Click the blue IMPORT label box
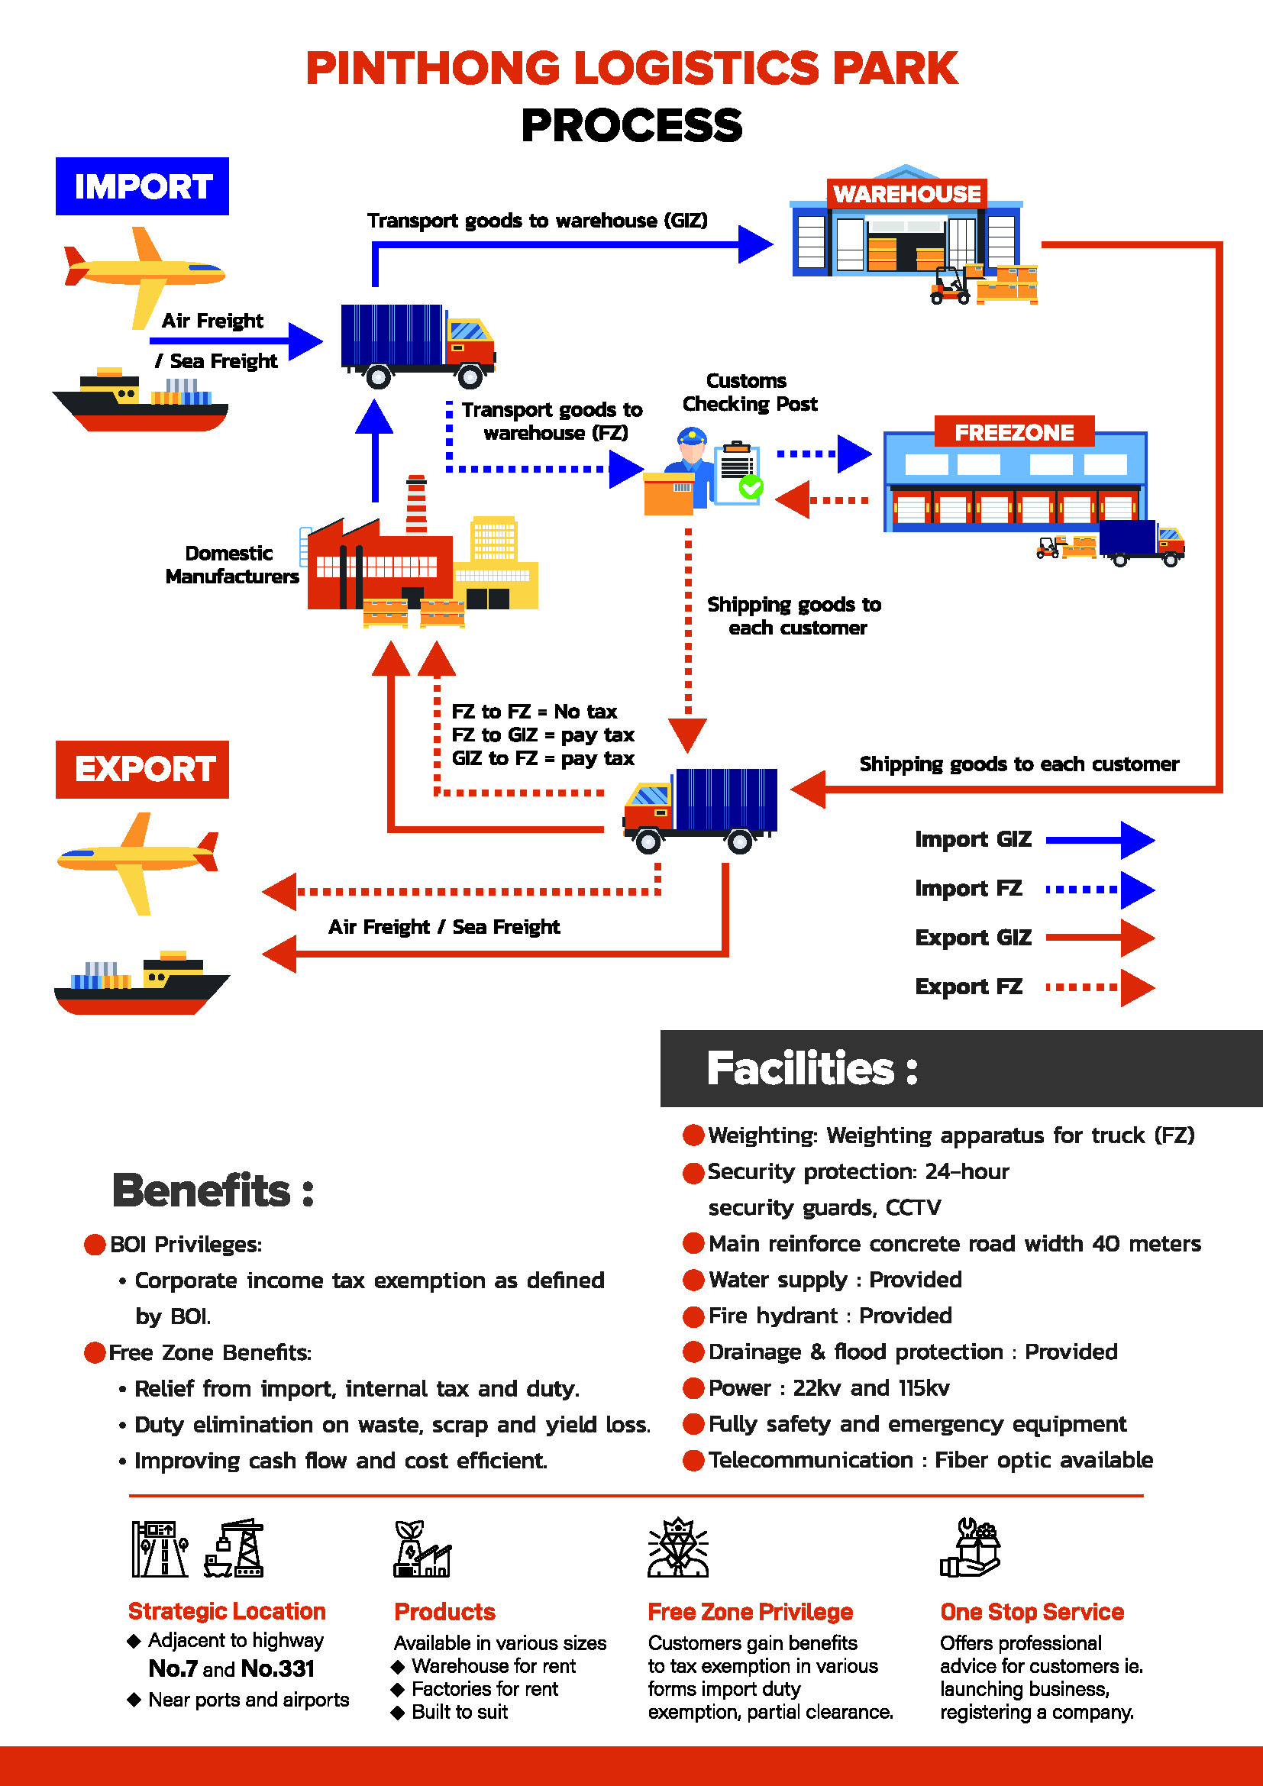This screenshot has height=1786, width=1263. coord(142,186)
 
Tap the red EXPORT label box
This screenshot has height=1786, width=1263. coord(142,770)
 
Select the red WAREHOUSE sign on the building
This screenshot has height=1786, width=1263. coord(907,193)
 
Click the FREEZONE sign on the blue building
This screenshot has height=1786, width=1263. coord(1014,431)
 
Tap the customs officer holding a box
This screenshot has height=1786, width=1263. coord(680,470)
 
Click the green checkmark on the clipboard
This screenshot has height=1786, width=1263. coord(751,487)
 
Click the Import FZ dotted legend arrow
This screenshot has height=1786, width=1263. coord(1100,889)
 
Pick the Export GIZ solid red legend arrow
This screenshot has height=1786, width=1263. coord(1100,938)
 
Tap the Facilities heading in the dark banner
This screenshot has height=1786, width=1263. coord(812,1068)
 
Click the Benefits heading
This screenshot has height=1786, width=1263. coord(213,1190)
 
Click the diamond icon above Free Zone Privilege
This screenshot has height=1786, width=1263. coord(678,1547)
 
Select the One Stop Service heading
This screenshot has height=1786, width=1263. coord(1032,1612)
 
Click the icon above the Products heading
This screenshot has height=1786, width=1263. coord(422,1549)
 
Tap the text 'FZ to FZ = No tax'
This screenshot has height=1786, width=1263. coord(535,712)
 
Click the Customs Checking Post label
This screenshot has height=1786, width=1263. coord(750,392)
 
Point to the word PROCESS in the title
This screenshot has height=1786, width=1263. coord(631,125)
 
